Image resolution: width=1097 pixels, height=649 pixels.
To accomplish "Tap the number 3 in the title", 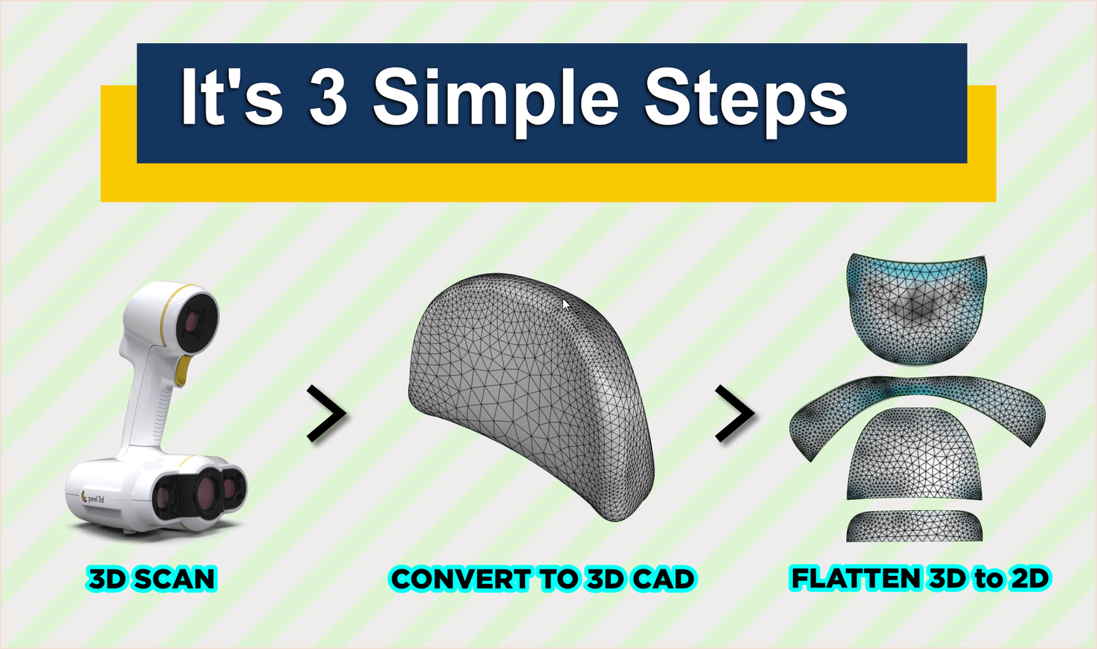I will coord(327,96).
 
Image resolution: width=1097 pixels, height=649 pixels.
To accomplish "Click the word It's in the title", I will coord(230,96).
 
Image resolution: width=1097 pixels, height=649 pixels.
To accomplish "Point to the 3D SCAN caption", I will coord(152,579).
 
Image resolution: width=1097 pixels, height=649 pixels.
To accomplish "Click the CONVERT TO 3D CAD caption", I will coord(542,579).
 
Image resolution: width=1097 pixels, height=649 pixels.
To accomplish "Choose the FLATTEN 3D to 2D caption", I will coord(920,578).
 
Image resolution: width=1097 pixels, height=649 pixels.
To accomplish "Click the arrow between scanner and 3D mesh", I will coord(326,414).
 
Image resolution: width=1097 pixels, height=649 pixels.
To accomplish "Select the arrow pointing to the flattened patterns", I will coord(734,414).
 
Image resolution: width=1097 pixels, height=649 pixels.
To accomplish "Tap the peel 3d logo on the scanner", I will coord(94,498).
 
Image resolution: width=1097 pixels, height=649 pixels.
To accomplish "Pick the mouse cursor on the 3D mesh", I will coord(566,304).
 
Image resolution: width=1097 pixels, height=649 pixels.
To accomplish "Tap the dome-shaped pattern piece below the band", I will coord(914,457).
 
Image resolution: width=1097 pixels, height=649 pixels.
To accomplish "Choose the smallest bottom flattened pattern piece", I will coord(914,526).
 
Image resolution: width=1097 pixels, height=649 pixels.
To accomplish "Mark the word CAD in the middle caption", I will coord(663,579).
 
